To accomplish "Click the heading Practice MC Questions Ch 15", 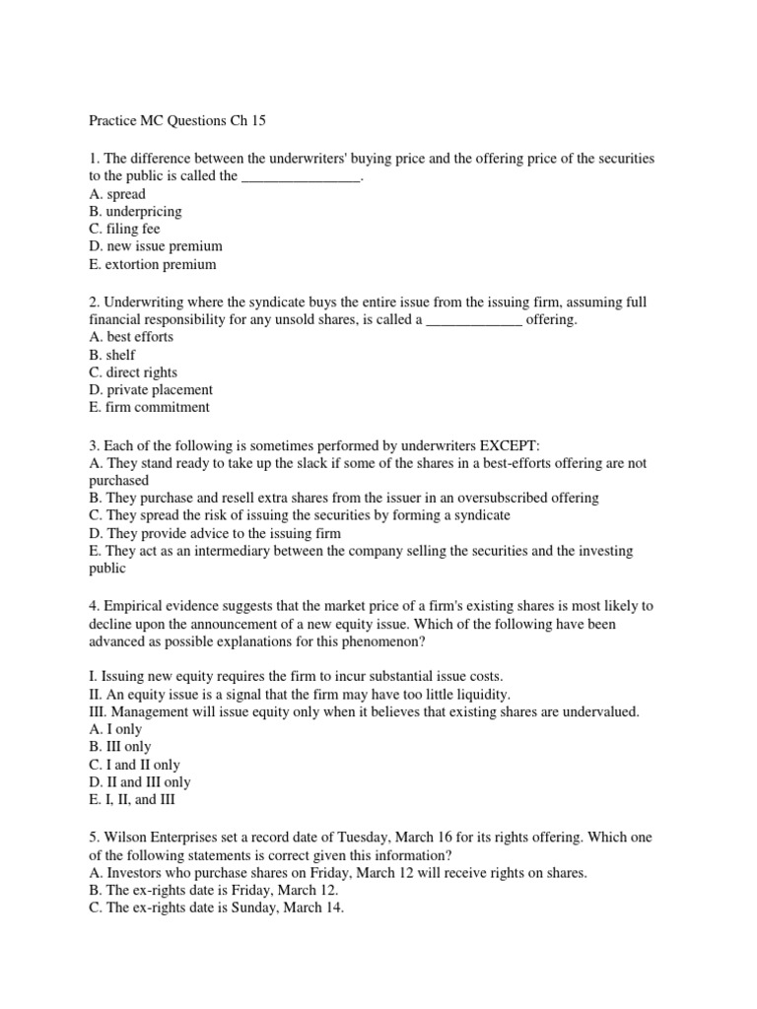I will click(x=177, y=121).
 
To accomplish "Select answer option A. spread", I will click(x=116, y=194).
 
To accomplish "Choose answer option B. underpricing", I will click(x=135, y=212).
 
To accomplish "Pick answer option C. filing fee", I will click(x=124, y=230).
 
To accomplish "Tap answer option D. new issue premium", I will click(x=155, y=247).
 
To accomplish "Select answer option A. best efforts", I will click(x=130, y=337).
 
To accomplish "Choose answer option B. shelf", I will click(x=111, y=355).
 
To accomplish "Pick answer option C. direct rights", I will click(x=133, y=372).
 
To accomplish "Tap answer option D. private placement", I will click(x=150, y=390).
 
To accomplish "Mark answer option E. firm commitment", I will click(x=149, y=408).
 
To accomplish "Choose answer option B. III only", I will click(x=119, y=747).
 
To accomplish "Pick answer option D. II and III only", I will click(x=140, y=782).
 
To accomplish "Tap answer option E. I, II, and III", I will click(x=132, y=800).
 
